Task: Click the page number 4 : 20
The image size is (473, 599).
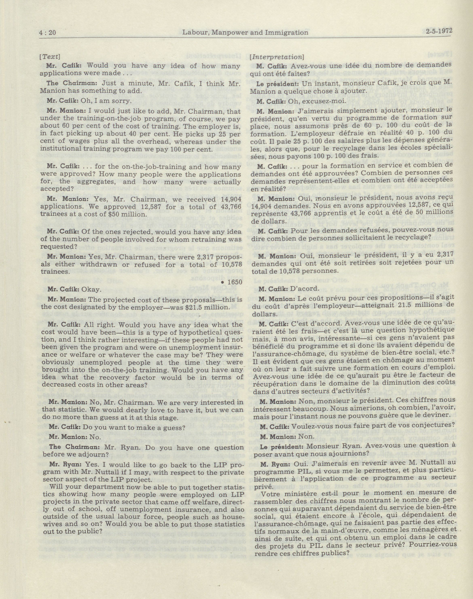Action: click(48, 33)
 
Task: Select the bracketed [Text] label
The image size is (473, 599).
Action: click(50, 57)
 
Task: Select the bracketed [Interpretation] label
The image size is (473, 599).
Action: click(277, 57)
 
